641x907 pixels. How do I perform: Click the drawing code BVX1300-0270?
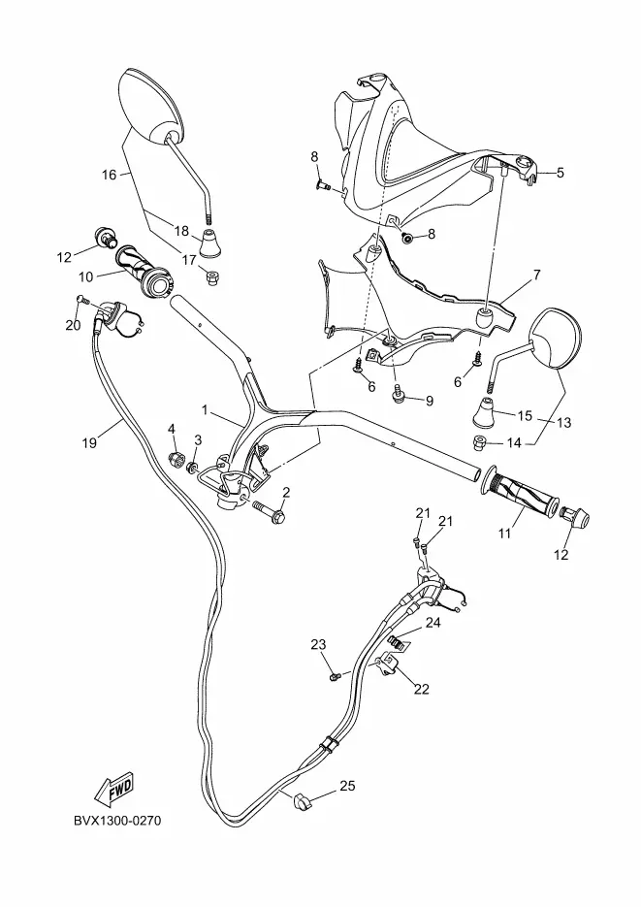pos(117,822)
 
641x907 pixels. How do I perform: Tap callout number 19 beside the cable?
pos(89,443)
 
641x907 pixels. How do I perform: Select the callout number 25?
pos(347,786)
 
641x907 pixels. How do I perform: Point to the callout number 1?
pos(205,409)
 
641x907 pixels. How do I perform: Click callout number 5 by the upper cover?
pos(561,173)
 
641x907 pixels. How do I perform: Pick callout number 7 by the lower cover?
pos(536,275)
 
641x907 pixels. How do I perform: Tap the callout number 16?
pos(109,174)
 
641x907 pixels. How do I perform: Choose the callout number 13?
pos(563,422)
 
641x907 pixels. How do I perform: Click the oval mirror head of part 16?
pos(149,106)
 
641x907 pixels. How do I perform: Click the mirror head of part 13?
pos(554,339)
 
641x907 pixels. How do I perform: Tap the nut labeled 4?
pos(175,460)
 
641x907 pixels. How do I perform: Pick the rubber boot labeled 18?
pos(211,243)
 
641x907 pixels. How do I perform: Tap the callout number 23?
pos(318,644)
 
